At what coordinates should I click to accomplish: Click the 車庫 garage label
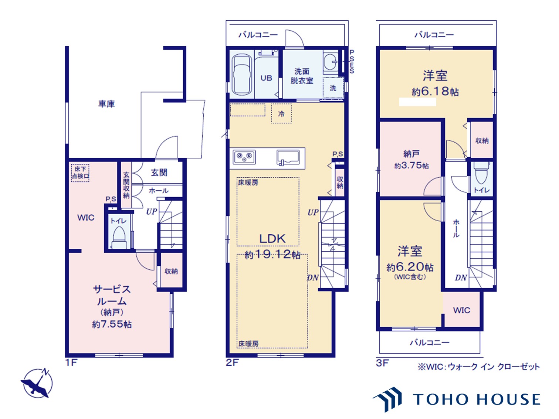click(106, 104)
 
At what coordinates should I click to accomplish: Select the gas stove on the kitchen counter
click(244, 157)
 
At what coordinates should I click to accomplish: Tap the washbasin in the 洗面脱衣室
click(331, 62)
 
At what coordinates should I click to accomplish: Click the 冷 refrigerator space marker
click(281, 113)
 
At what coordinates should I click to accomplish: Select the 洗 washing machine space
click(333, 88)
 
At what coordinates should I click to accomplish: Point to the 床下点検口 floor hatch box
click(80, 173)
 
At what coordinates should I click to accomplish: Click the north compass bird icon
click(38, 384)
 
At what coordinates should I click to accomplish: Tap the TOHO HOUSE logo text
click(477, 399)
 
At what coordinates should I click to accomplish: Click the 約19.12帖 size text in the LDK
click(272, 254)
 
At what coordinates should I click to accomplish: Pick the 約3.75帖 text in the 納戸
click(411, 166)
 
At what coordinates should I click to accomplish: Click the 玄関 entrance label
click(159, 173)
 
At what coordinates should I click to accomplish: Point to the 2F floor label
click(232, 362)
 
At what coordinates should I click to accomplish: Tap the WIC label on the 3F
click(461, 310)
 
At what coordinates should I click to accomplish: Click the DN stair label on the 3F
click(461, 278)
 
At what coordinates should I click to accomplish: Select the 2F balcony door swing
click(295, 38)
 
